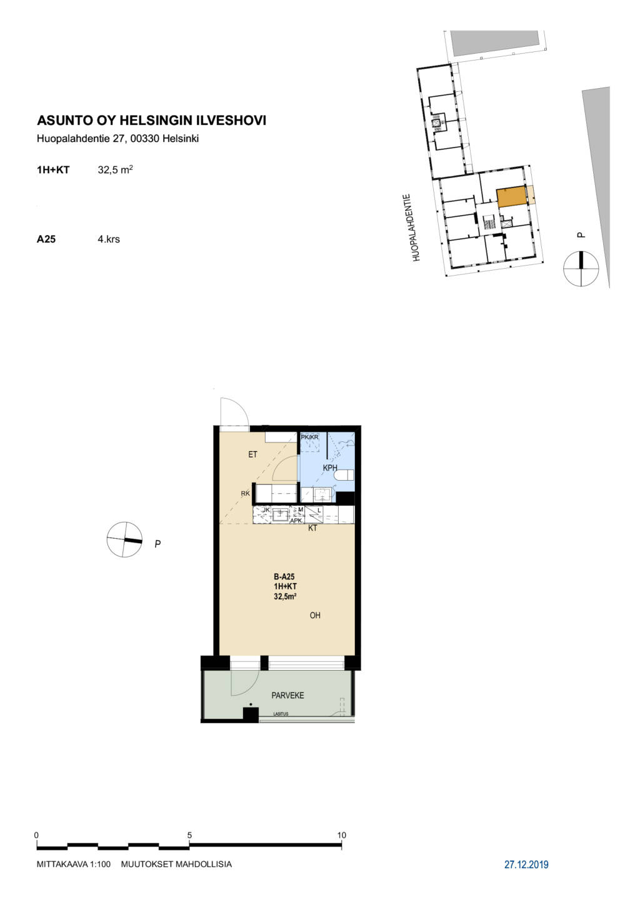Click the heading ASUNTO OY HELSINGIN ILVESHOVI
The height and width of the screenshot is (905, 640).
point(151,121)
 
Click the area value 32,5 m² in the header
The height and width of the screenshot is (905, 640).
point(115,170)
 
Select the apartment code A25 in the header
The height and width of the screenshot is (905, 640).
point(46,239)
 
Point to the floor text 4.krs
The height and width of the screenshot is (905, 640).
point(109,239)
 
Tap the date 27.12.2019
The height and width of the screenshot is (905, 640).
point(526,865)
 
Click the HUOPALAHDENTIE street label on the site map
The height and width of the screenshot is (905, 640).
point(417,228)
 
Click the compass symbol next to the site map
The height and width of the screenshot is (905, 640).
point(581,268)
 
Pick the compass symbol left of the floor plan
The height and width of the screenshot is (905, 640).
point(124,540)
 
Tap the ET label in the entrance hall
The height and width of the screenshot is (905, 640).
point(252,455)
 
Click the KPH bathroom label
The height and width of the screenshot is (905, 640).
point(330,468)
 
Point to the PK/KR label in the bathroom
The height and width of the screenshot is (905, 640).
point(310,437)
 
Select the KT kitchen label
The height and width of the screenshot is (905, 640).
point(312,528)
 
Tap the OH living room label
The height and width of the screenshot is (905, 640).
point(315,616)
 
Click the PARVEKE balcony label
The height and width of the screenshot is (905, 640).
point(287,696)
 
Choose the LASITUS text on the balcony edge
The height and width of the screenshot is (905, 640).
point(281,714)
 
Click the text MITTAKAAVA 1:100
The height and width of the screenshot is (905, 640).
point(74,864)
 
